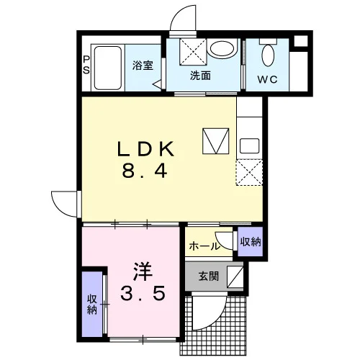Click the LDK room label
pos(145,149)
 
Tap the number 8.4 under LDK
pos(145,170)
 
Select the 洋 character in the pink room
pos(143,271)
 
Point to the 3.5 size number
pos(143,293)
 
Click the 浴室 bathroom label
pos(143,66)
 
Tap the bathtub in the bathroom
pos(107,68)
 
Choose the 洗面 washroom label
pos(200,76)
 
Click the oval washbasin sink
pos(222,49)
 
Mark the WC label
pos(268,79)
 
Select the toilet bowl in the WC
pos(268,55)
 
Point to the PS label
pos(86,65)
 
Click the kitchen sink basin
pos(250,145)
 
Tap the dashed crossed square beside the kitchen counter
pos(249,173)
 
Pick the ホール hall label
pos(204,246)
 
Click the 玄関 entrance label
pos(208,276)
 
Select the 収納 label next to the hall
pos(251,242)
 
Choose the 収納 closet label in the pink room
pos(91,305)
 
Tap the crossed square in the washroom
pos(193,51)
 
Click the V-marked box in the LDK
pos(216,141)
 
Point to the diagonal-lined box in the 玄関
pos(235,276)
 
